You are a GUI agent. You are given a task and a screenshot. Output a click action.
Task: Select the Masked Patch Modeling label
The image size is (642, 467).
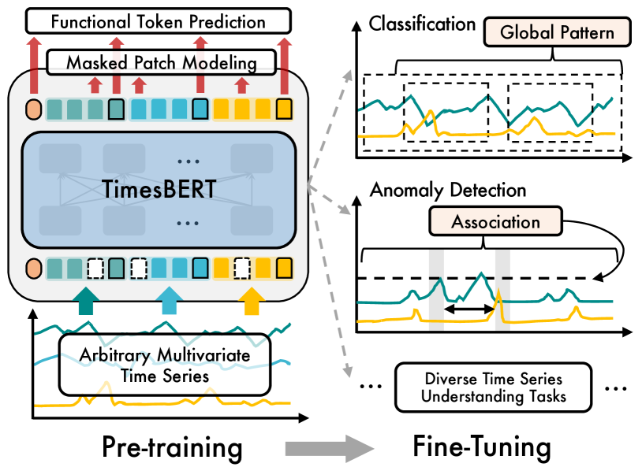(162, 61)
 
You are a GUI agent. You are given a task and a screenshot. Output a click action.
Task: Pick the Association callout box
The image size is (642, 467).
(496, 222)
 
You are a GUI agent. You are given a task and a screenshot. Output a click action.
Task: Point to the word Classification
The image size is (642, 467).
(422, 24)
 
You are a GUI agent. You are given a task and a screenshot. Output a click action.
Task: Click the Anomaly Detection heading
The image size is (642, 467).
(447, 190)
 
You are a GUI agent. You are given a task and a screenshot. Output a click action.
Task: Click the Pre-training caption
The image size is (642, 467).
(172, 447)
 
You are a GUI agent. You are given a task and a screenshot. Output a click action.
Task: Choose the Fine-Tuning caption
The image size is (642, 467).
(482, 447)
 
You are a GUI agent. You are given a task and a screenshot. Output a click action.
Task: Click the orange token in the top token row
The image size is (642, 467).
(33, 108)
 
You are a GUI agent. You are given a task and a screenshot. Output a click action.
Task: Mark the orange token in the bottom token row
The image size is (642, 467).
(33, 268)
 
